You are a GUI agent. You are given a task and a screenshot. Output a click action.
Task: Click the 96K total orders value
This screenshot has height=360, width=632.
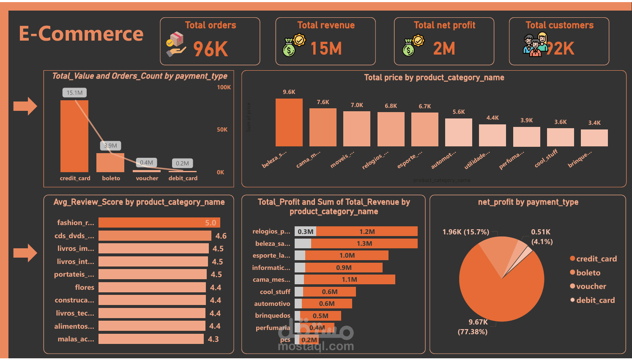click(x=211, y=49)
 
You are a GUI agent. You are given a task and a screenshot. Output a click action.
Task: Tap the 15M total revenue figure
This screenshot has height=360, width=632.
click(x=326, y=49)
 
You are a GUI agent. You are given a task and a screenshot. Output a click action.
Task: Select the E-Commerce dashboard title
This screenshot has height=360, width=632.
click(x=81, y=34)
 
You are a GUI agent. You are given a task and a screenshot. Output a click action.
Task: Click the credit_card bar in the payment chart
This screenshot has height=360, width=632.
click(x=74, y=136)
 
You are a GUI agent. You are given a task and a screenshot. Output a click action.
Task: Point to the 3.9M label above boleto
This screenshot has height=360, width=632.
click(x=111, y=146)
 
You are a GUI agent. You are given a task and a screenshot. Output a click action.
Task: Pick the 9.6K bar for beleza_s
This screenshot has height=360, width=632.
click(x=289, y=122)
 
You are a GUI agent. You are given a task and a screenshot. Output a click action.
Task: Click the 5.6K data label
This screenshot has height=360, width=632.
click(x=459, y=112)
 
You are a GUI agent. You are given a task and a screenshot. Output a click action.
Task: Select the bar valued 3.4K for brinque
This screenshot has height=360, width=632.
click(x=594, y=138)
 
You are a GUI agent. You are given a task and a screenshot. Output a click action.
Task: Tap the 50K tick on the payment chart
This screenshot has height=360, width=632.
click(x=222, y=129)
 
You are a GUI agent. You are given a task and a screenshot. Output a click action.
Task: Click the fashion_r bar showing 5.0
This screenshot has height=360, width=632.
click(x=159, y=223)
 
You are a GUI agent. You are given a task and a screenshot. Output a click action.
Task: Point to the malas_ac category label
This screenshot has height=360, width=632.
click(x=76, y=339)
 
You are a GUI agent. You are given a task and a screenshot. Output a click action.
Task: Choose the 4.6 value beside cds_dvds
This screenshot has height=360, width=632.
click(x=221, y=236)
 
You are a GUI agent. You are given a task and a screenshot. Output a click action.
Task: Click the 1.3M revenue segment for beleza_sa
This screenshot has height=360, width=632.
click(x=364, y=243)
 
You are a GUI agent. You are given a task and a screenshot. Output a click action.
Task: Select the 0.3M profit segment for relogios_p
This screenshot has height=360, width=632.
click(x=305, y=231)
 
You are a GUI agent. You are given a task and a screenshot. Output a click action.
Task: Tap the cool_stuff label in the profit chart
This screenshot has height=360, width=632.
click(x=275, y=291)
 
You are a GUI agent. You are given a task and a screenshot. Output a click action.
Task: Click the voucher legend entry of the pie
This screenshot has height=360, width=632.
click(x=591, y=286)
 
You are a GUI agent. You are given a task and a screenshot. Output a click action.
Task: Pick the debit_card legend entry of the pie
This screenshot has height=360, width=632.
click(x=595, y=300)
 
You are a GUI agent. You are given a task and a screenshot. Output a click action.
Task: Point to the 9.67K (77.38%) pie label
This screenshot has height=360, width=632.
click(x=473, y=327)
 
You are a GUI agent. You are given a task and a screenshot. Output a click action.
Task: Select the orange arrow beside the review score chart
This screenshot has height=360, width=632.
click(x=25, y=253)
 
